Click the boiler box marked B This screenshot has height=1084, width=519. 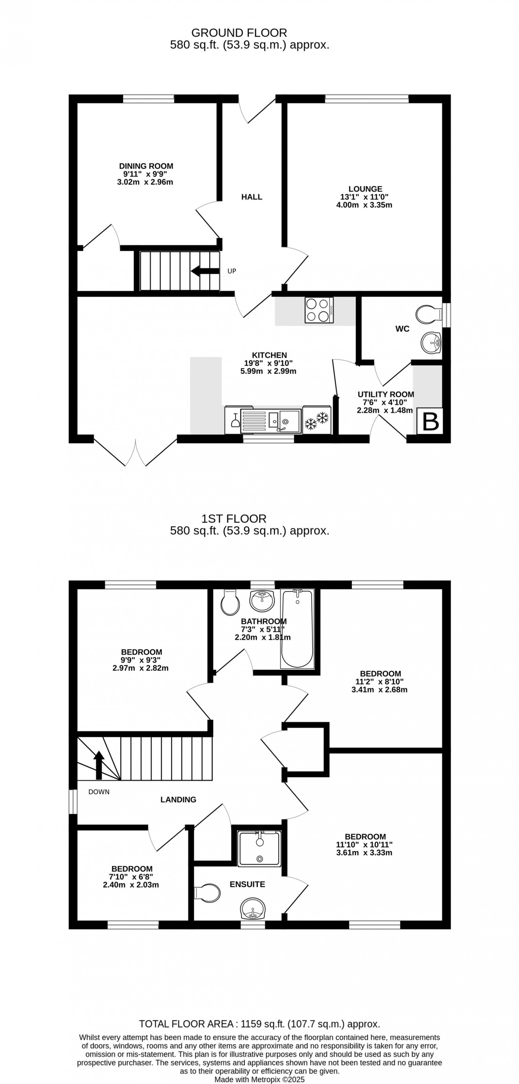click(429, 421)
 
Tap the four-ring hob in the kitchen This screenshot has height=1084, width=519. click(319, 310)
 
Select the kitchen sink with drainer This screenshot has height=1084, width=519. click(271, 421)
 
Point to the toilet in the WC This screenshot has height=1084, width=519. click(427, 314)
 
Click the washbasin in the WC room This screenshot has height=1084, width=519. click(430, 342)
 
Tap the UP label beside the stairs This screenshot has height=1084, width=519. click(232, 271)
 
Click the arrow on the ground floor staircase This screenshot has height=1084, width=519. click(205, 271)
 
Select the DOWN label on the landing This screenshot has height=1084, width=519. click(99, 791)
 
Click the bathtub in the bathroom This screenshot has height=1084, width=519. click(297, 629)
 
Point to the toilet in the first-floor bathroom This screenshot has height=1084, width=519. click(230, 603)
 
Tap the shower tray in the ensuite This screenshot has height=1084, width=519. click(259, 848)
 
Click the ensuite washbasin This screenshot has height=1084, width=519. click(253, 909)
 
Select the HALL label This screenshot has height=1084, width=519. click(252, 197)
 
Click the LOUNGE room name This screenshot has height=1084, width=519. click(364, 189)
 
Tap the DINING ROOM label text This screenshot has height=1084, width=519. click(146, 166)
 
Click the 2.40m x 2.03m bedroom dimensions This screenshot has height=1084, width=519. click(131, 885)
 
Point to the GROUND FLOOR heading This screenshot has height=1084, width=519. click(239, 33)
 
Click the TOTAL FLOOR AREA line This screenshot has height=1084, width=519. click(259, 1024)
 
